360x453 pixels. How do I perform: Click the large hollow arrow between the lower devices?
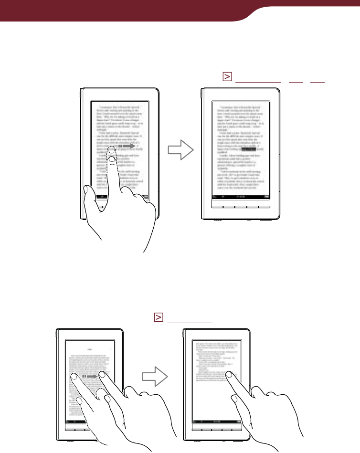click(156, 377)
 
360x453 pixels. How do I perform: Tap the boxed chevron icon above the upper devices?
click(227, 78)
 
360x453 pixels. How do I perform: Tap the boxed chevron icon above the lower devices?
click(159, 317)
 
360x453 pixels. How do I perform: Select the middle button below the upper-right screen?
click(241, 207)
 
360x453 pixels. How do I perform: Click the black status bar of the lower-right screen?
click(217, 422)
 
